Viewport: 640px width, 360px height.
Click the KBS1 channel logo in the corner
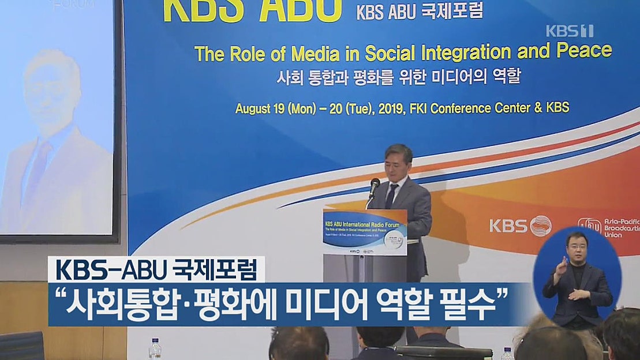[569, 31]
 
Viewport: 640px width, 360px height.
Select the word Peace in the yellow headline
[584, 51]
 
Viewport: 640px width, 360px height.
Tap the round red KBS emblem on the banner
[541, 226]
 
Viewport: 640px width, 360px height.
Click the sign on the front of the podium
[365, 232]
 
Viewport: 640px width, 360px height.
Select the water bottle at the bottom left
[155, 348]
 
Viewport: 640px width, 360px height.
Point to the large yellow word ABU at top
[300, 10]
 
